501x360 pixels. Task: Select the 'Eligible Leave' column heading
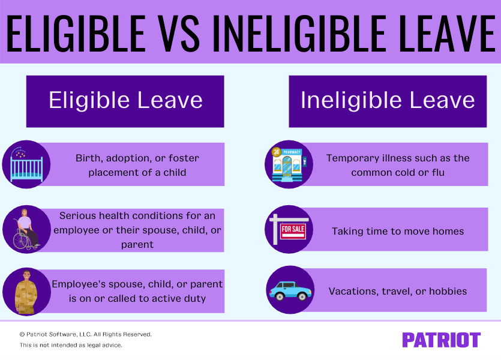point(125,100)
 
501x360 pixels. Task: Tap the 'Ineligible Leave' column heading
point(388,100)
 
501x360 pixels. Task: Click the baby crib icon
point(26,164)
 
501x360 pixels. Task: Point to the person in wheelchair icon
point(26,230)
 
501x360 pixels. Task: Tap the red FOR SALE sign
point(292,230)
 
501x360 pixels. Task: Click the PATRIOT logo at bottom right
point(441,340)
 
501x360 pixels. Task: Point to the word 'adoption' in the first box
point(132,158)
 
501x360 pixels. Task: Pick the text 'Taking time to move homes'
point(398,231)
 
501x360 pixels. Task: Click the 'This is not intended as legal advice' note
point(71,345)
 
